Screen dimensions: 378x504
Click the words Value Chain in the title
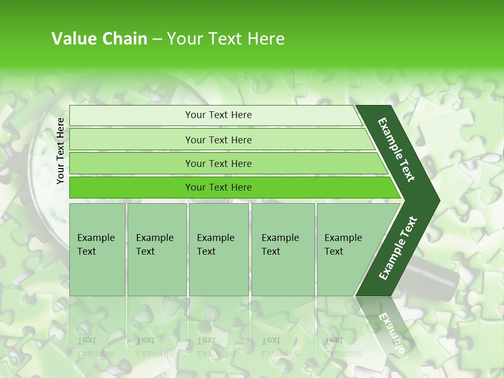tap(99, 39)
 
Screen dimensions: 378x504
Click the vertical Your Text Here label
tap(60, 151)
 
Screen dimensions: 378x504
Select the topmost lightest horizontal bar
tap(218, 115)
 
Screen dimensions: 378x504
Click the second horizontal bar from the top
tap(218, 140)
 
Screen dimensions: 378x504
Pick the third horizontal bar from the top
tap(218, 163)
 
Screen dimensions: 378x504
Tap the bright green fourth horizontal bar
tap(218, 187)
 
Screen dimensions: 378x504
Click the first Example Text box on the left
tap(97, 249)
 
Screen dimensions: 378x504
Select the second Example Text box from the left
tap(156, 249)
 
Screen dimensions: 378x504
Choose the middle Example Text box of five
tap(218, 249)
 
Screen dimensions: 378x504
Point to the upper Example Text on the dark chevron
tap(396, 150)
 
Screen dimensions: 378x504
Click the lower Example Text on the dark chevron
tap(398, 248)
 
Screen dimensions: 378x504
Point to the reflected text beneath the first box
tap(96, 346)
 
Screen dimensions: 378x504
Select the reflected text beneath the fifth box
tap(343, 346)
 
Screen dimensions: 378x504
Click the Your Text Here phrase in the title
tap(226, 39)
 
